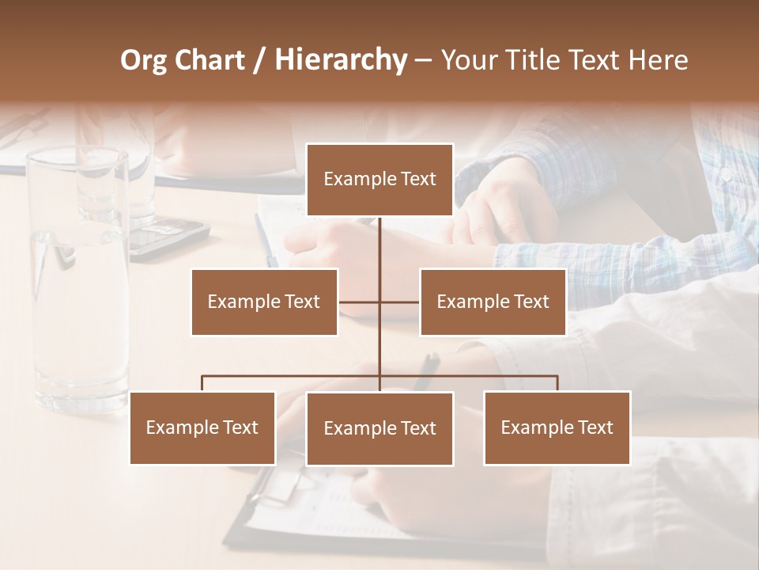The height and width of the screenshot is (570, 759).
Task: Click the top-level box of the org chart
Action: [379, 180]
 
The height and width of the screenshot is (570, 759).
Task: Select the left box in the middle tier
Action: [264, 302]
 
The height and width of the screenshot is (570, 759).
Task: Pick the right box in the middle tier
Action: [493, 302]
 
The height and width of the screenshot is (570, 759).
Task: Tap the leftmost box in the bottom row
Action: [202, 427]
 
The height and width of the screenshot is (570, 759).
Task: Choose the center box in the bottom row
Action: [379, 428]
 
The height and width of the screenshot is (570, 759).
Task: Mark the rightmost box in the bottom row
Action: [557, 427]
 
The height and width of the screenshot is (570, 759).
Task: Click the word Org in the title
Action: [143, 60]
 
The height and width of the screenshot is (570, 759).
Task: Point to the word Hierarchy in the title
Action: [340, 60]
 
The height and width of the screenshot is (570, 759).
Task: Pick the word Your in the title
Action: [466, 60]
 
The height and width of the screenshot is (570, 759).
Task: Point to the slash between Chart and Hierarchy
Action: [259, 60]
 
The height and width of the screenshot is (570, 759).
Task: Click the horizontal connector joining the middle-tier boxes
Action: [379, 302]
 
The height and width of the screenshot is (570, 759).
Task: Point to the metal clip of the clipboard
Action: [273, 486]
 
